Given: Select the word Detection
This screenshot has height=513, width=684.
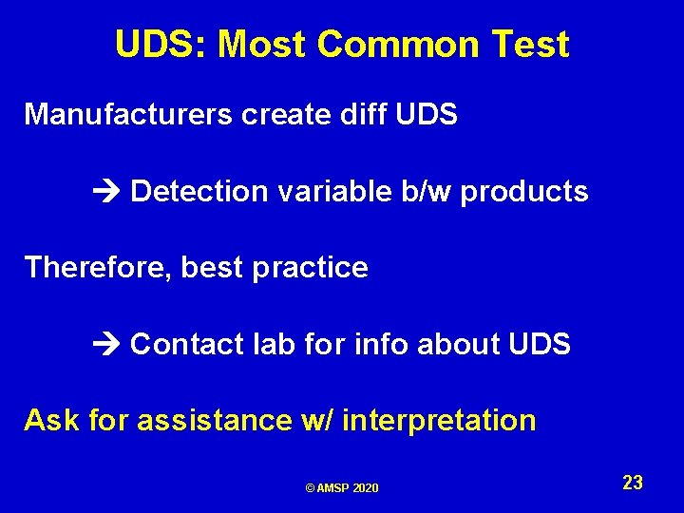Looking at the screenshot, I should tap(199, 191).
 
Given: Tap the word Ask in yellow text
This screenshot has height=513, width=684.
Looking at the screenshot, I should tap(52, 419).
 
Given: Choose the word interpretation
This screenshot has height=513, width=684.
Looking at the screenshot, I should tap(438, 420).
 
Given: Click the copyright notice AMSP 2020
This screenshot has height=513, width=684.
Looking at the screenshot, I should tap(342, 487).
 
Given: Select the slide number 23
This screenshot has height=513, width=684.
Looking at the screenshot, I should tap(633, 483).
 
